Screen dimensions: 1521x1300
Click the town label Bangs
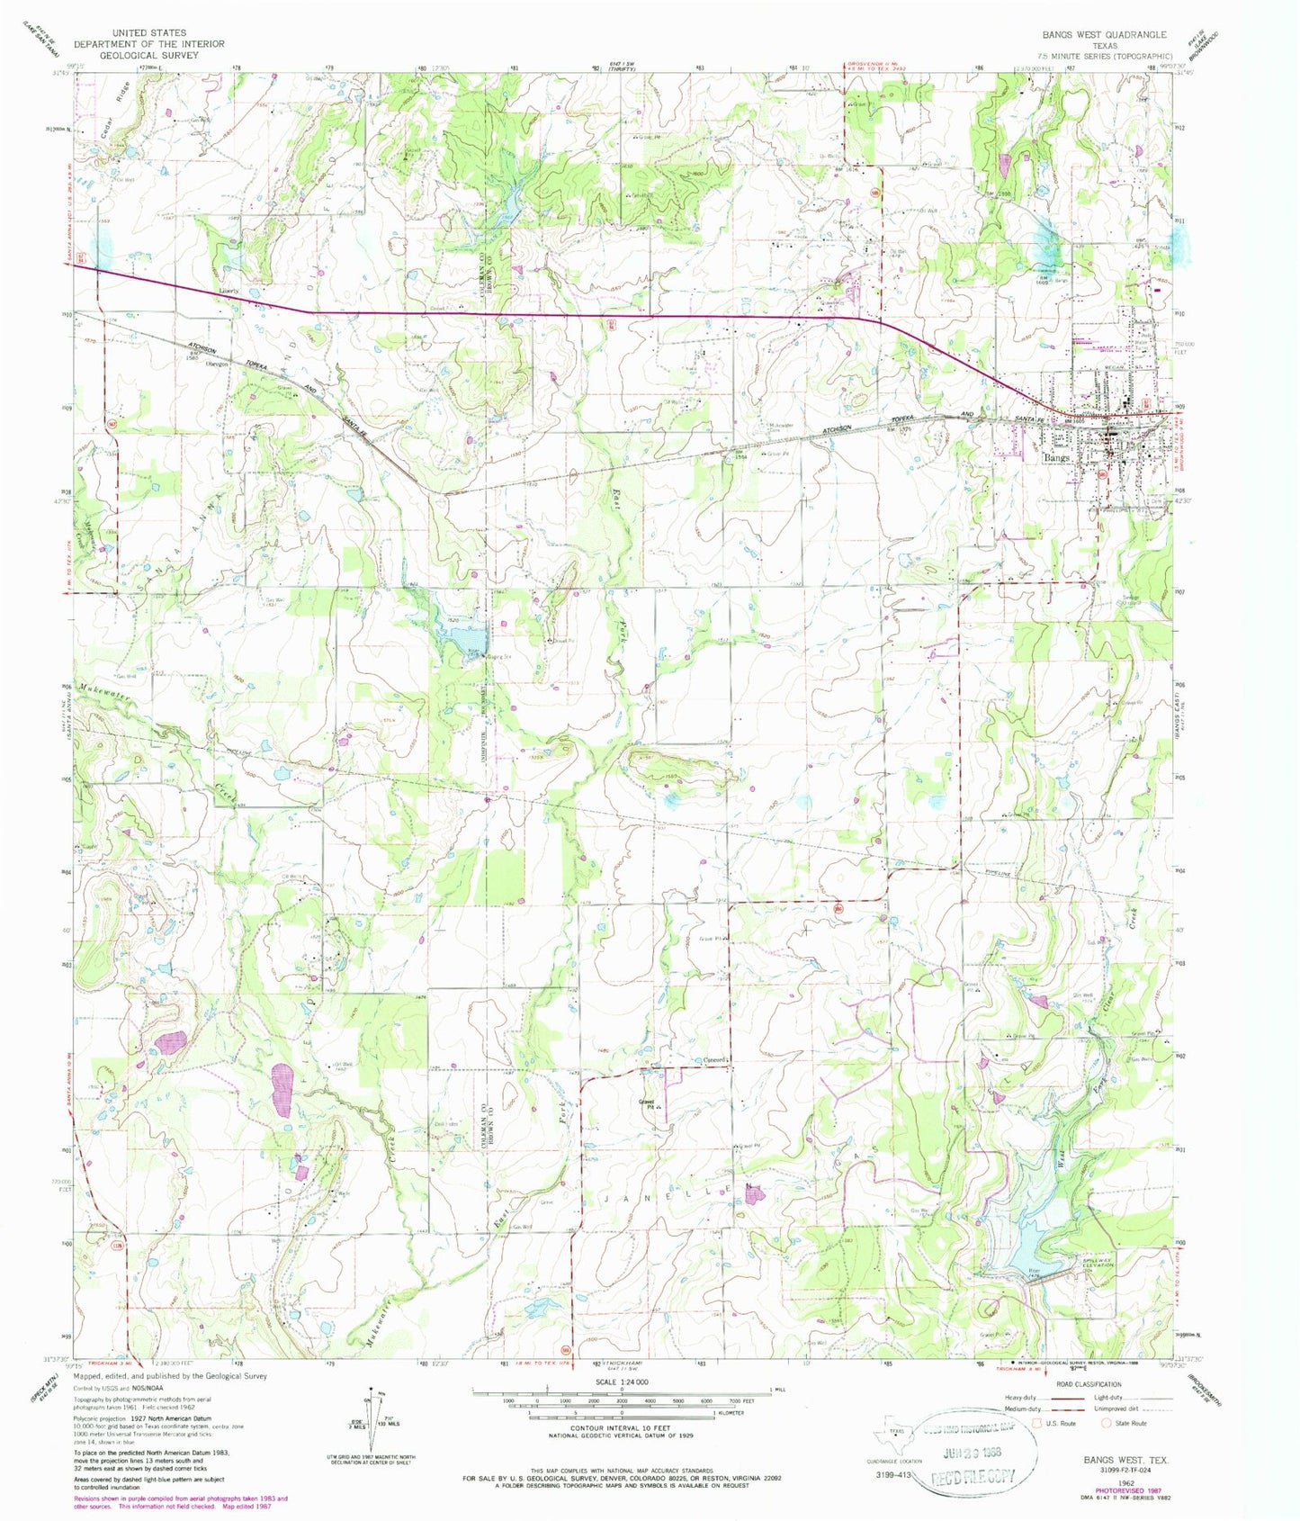pos(1057,458)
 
